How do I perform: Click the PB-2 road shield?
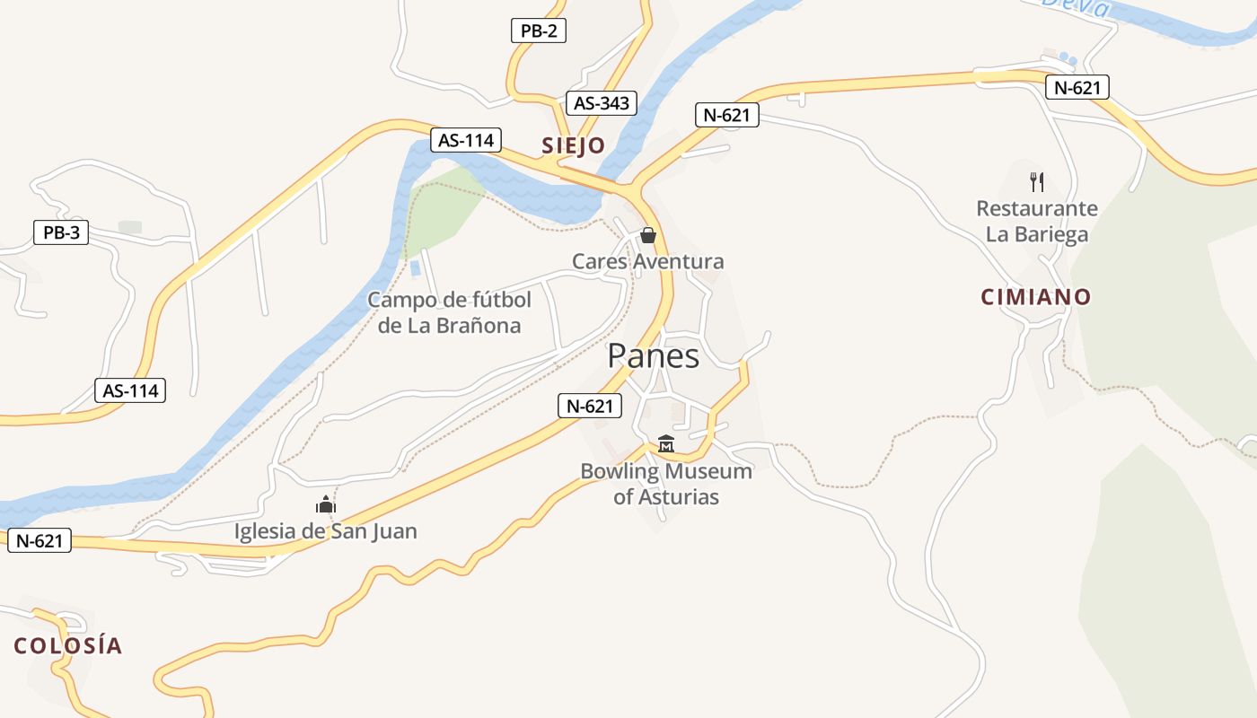tap(539, 31)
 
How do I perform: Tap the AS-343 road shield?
tap(602, 102)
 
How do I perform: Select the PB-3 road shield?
tap(61, 233)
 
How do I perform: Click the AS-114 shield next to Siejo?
tap(465, 140)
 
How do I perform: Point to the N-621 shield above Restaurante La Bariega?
tap(1077, 87)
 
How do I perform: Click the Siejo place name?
tap(573, 145)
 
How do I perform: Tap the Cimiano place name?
tap(1036, 297)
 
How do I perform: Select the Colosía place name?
tap(67, 645)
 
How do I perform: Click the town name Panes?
tap(653, 356)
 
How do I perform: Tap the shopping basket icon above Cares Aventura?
tap(647, 235)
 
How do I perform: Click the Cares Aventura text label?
tap(647, 261)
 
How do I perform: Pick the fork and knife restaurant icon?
tap(1037, 182)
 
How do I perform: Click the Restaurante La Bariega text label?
tap(1037, 222)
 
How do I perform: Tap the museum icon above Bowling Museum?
tap(665, 443)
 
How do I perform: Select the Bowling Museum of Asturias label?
tap(665, 484)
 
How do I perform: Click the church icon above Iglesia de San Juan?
tap(325, 505)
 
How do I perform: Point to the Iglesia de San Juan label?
tap(325, 531)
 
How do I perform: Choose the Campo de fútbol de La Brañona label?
tap(449, 312)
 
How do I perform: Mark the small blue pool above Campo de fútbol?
tap(415, 267)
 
